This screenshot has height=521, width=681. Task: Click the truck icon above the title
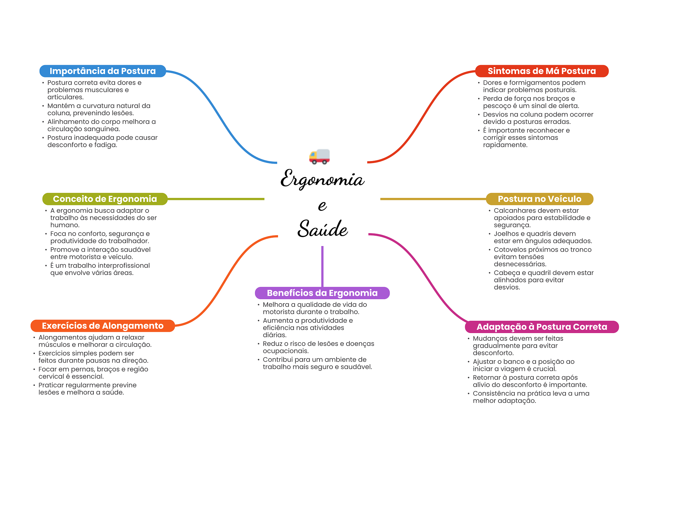point(319,156)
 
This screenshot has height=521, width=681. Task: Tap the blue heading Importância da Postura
point(103,71)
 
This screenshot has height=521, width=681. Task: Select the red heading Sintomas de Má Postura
point(542,71)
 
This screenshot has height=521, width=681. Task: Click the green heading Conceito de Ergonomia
point(105,199)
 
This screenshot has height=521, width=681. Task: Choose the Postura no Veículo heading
point(539,199)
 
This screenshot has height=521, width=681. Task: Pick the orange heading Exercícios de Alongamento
point(103,326)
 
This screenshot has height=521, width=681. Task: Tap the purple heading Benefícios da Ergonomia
point(322,293)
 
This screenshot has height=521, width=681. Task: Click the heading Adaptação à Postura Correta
point(542,327)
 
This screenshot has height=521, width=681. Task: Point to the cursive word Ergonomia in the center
point(322,179)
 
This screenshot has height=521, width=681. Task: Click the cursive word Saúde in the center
point(323,229)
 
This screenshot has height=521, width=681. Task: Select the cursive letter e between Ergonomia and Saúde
point(322,206)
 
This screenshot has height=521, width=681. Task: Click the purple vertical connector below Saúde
point(322,266)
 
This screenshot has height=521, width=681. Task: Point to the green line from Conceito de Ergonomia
point(216,199)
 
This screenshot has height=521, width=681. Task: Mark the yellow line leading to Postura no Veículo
point(433,199)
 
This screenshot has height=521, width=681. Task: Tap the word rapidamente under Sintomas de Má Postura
point(505,145)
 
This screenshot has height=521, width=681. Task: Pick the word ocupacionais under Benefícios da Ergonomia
point(286,351)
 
